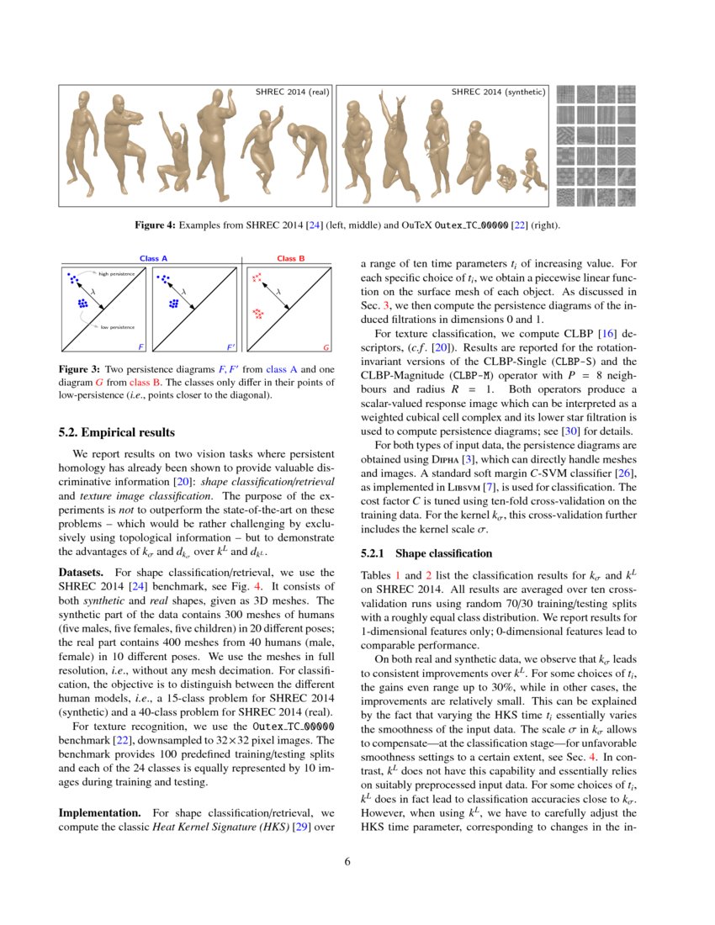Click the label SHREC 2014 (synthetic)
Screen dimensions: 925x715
coord(498,92)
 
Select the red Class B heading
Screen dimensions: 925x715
coord(291,258)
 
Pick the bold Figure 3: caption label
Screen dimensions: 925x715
coord(79,370)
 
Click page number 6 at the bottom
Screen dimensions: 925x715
coord(357,862)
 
